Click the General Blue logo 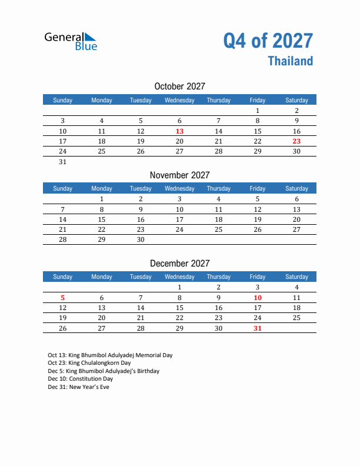coord(71,41)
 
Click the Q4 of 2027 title coord(268,41)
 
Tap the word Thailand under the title coord(291,61)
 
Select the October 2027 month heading coord(179,86)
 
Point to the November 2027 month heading coord(179,175)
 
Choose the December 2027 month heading coord(179,264)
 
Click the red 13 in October coord(179,131)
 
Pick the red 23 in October coord(296,141)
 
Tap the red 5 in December coord(63,298)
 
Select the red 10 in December coord(257,298)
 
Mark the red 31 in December coord(257,328)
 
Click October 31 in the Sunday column coord(63,162)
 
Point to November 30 coord(141,240)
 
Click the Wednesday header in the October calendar coord(179,100)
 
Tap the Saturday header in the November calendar coord(296,188)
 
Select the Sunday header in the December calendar coord(63,277)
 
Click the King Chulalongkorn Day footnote coord(89,364)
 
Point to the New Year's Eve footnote coord(78,387)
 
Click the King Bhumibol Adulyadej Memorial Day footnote coord(110,355)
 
